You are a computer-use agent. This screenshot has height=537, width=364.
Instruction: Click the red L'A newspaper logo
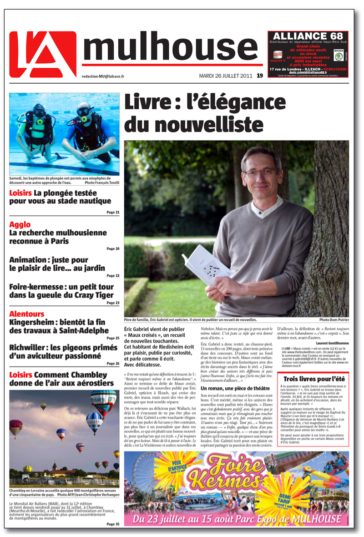pyautogui.click(x=43, y=54)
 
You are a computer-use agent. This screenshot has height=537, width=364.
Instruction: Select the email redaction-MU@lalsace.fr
pyautogui.click(x=103, y=77)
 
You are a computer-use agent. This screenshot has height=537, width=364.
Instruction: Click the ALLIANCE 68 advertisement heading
pyautogui.click(x=308, y=36)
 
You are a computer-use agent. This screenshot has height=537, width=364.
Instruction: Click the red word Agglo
pyautogui.click(x=20, y=224)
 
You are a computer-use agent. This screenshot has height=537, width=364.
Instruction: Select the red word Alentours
pyautogui.click(x=27, y=314)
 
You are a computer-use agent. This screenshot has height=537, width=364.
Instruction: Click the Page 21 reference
pyautogui.click(x=112, y=213)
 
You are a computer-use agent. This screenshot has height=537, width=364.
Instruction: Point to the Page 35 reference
pyautogui.click(x=112, y=524)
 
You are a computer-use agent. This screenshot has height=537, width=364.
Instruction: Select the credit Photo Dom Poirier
pyautogui.click(x=334, y=320)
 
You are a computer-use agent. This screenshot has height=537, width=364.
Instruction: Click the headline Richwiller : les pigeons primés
pyautogui.click(x=63, y=348)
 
